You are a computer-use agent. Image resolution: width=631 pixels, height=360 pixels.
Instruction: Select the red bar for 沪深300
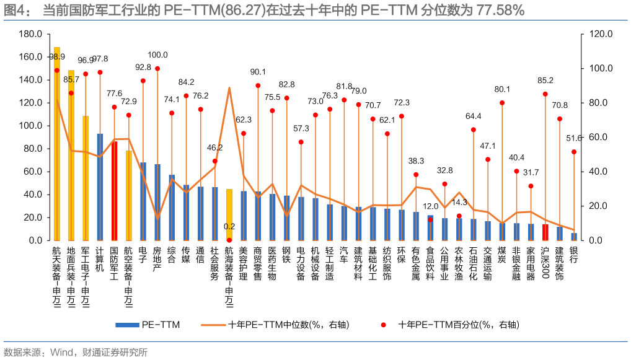(545, 232)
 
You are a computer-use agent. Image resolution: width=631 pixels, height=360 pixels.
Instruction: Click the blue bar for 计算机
(100, 187)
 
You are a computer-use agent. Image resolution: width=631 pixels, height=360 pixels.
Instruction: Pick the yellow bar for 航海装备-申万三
(229, 214)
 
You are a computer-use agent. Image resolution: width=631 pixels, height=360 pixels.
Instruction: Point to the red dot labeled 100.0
(157, 69)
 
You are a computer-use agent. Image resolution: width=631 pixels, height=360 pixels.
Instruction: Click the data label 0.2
(229, 227)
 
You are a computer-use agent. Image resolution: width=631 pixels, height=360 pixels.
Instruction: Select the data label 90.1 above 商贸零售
(258, 72)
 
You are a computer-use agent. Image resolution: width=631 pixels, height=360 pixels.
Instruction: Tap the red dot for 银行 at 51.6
(574, 152)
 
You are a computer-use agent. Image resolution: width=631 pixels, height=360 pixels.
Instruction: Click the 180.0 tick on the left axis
(30, 34)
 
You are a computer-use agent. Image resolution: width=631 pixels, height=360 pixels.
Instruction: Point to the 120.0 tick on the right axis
(601, 34)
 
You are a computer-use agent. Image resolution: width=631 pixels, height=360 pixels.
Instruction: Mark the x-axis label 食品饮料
(430, 263)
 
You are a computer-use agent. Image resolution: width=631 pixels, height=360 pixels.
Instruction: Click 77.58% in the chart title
(500, 10)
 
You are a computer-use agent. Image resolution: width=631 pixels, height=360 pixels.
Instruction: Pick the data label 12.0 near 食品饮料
(431, 206)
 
